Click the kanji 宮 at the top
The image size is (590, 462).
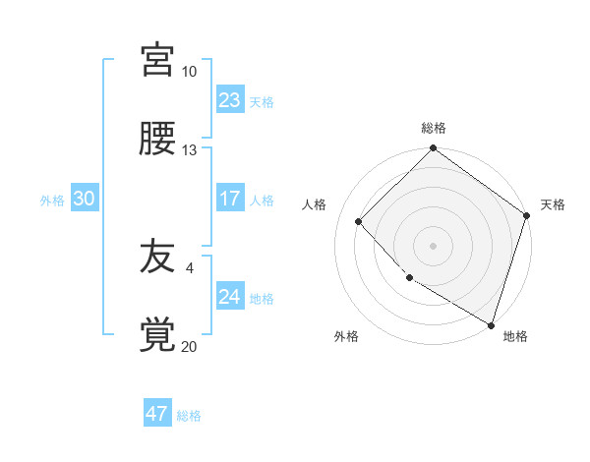[x=158, y=60]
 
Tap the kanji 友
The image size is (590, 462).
[x=158, y=258]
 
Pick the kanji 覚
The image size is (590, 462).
[x=158, y=335]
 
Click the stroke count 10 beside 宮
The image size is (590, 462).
[x=189, y=72]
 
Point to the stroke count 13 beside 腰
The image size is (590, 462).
[x=189, y=150]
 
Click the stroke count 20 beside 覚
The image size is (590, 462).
[x=189, y=346]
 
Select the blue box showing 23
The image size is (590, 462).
[x=230, y=100]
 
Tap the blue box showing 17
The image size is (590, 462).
[x=230, y=199]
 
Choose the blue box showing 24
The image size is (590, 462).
[x=230, y=297]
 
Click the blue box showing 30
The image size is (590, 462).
[x=85, y=199]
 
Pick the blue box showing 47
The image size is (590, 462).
[x=157, y=414]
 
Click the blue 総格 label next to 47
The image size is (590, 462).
[x=189, y=416]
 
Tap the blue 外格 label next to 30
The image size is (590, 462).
[x=52, y=201]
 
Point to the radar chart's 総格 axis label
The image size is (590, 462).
[x=434, y=128]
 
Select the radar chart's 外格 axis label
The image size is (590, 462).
[x=346, y=336]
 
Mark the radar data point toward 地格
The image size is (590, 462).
[x=491, y=323]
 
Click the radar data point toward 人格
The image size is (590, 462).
[x=359, y=221]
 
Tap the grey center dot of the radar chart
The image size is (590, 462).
[x=433, y=245]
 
